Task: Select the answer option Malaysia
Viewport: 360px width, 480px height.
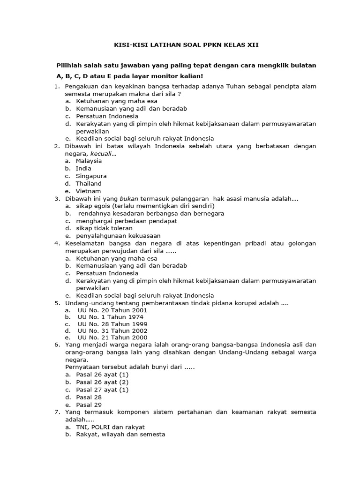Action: pos(89,161)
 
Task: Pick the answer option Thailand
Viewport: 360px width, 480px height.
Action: pos(89,183)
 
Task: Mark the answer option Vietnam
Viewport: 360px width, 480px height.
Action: pos(88,191)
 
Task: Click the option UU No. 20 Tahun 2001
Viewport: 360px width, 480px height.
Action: pos(112,310)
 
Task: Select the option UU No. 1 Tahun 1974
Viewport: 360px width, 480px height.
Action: pos(110,317)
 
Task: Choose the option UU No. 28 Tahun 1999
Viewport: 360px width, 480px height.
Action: pos(112,324)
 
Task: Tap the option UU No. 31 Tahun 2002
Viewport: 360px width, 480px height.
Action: pos(112,330)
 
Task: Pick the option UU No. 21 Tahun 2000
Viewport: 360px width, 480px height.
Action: pos(112,337)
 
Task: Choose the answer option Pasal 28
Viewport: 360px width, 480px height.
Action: pos(89,397)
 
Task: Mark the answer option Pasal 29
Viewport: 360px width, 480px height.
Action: pos(89,405)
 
